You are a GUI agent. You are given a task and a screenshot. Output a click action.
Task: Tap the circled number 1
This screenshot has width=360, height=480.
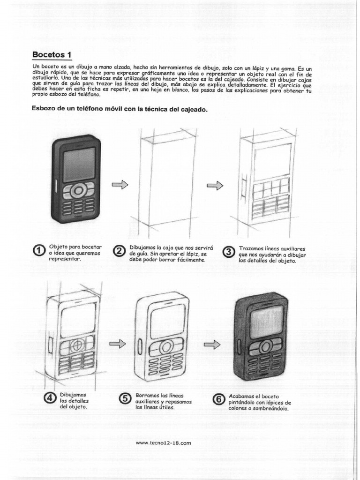(x=40, y=252)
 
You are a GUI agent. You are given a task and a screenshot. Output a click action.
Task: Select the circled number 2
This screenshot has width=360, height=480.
(x=120, y=252)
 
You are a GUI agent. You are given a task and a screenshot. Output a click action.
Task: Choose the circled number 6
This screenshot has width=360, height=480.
(x=218, y=399)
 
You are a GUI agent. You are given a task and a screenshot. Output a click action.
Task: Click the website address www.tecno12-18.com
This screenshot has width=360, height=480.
(x=163, y=442)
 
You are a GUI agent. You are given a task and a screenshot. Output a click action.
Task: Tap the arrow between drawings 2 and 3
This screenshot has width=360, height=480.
(x=215, y=186)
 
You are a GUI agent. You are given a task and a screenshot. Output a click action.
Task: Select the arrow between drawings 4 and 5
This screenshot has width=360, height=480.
(x=118, y=345)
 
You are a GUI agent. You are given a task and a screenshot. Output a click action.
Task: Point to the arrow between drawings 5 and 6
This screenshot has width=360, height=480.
(x=212, y=345)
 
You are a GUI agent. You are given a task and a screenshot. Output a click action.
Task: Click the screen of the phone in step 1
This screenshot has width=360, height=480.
(x=79, y=165)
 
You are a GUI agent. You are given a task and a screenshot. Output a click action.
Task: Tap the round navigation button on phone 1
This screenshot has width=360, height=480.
(x=79, y=191)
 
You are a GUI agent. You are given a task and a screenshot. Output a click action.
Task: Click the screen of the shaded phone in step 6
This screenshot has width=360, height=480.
(x=266, y=322)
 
